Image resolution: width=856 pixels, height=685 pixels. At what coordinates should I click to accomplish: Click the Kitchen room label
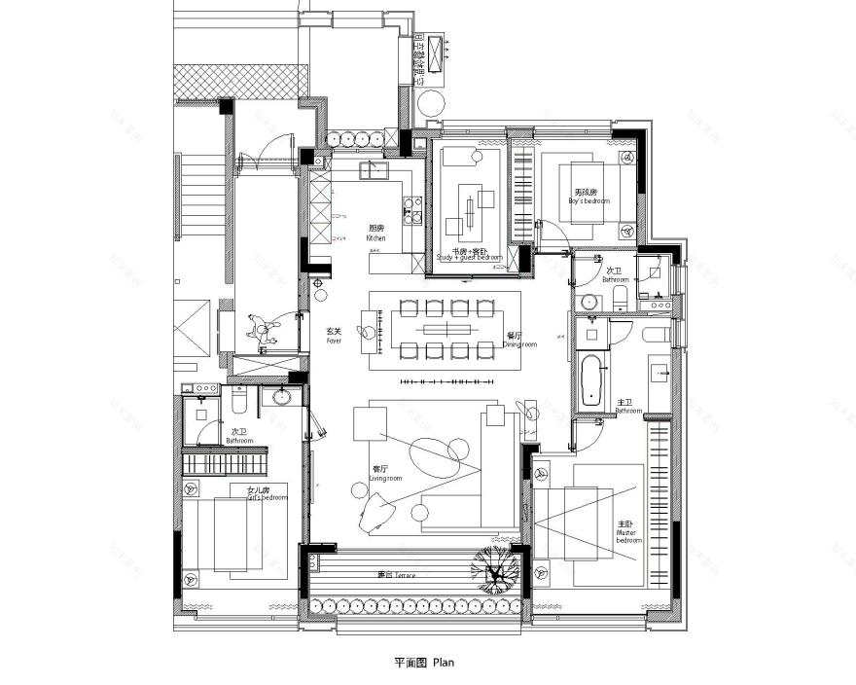point(375,234)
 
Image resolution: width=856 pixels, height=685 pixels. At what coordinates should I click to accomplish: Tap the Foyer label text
point(334,337)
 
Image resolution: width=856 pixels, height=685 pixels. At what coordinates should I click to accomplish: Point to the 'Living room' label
point(386,474)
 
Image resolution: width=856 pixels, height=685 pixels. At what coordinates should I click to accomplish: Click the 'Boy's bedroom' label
point(588,198)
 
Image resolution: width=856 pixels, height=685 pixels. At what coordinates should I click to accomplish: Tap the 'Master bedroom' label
point(627,530)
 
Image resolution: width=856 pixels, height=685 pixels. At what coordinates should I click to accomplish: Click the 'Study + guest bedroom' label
point(469,255)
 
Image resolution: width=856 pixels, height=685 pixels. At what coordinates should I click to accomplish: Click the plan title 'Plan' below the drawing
point(424,663)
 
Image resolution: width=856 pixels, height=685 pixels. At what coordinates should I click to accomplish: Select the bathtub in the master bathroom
point(590,380)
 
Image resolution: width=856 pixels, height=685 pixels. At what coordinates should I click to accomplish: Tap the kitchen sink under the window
point(373,171)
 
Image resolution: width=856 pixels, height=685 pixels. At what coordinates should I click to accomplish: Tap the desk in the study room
point(470,207)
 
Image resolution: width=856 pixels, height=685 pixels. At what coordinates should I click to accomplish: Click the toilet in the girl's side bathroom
point(239,398)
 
